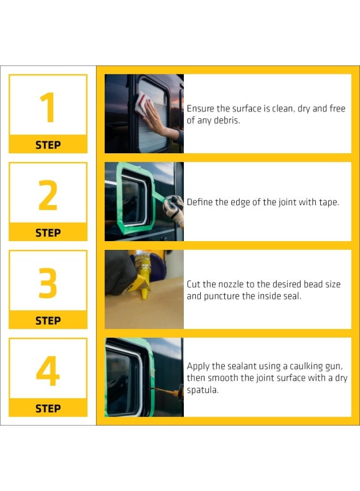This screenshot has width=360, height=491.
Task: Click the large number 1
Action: [x=48, y=107]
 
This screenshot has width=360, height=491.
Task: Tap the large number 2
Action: [x=48, y=195]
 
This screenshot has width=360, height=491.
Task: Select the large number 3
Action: [x=48, y=283]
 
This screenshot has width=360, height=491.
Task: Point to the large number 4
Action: [x=48, y=371]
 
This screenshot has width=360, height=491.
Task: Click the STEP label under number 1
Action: [x=48, y=145]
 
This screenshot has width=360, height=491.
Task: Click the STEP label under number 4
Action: [x=48, y=408]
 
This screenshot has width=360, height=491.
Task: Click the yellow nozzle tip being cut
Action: [x=145, y=294]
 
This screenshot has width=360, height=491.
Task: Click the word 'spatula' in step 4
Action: [x=202, y=390]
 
